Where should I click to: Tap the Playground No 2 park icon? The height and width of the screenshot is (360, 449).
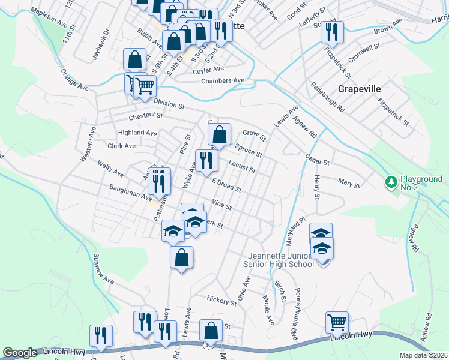(391, 181)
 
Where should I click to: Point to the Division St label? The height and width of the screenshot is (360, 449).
(169, 103)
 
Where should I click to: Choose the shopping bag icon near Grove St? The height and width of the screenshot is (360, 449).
(221, 135)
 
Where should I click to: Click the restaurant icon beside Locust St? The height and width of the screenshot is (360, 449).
(205, 159)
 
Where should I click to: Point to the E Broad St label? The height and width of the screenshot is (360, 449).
(226, 185)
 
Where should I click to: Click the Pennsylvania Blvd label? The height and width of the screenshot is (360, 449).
(295, 313)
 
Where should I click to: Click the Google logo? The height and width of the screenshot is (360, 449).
(20, 353)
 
